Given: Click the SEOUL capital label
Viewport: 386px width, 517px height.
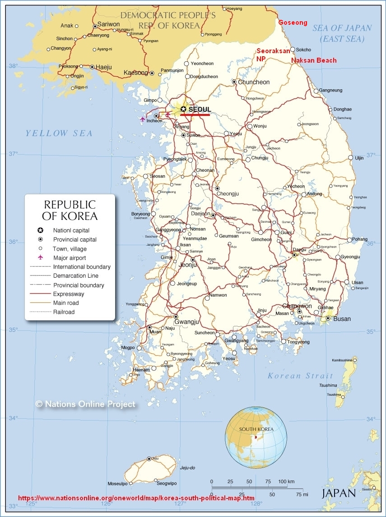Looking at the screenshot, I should [200, 110].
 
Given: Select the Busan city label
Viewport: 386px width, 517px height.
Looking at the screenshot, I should [342, 319].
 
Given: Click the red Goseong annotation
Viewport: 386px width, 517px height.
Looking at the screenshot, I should [293, 23].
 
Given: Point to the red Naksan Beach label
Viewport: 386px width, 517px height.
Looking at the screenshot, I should [314, 60].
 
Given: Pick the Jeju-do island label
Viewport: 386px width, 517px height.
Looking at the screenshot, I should [187, 468].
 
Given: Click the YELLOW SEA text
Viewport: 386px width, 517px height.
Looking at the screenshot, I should [59, 133].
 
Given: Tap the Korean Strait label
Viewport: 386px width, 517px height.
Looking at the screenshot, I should [300, 375].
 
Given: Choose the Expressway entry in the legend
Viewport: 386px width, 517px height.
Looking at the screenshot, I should [69, 294].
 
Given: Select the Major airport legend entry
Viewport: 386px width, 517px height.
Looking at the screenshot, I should [70, 258].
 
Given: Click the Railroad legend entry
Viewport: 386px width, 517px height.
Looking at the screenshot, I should [64, 312].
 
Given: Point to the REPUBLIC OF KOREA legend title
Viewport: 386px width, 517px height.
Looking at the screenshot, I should [70, 210].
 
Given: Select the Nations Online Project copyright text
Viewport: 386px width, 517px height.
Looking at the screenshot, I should [85, 404].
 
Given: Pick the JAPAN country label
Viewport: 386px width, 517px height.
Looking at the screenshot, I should [339, 493].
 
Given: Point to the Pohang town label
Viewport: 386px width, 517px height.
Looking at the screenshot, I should [360, 239].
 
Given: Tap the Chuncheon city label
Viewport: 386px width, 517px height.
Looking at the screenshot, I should [254, 82].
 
